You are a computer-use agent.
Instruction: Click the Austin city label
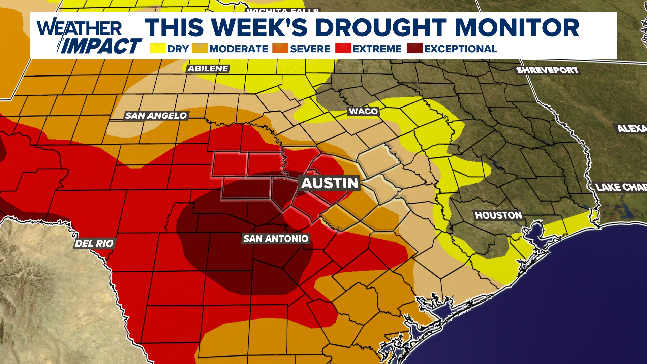point(330,183)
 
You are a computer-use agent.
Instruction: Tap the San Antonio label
point(276,239)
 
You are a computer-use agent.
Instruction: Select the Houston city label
point(498,215)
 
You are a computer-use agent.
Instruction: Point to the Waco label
point(363,111)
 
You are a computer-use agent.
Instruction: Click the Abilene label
point(208,69)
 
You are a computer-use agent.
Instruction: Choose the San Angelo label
point(156,116)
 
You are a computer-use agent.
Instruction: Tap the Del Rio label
point(94,243)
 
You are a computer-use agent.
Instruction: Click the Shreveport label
point(547,70)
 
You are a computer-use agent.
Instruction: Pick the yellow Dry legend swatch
point(158,49)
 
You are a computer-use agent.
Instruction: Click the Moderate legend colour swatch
point(199,49)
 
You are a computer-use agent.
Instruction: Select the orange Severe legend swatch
point(280,49)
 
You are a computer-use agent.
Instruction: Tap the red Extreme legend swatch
point(343,49)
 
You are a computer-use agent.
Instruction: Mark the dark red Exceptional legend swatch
point(414,49)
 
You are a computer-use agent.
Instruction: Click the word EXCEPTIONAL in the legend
point(460,49)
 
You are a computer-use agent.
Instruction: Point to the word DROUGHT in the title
point(381,28)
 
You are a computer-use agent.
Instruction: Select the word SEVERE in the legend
point(310,49)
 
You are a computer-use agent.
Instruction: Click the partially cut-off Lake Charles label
point(621,187)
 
